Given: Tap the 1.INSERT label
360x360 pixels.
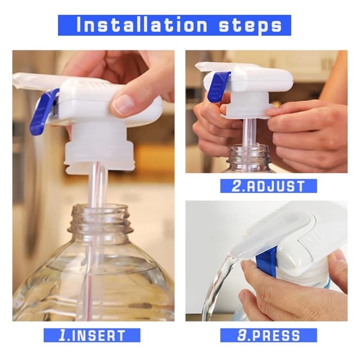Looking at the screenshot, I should click(x=93, y=336).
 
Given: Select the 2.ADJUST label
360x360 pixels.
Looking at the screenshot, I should click(x=269, y=186).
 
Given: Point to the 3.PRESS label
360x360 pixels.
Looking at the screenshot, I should click(x=269, y=336).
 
